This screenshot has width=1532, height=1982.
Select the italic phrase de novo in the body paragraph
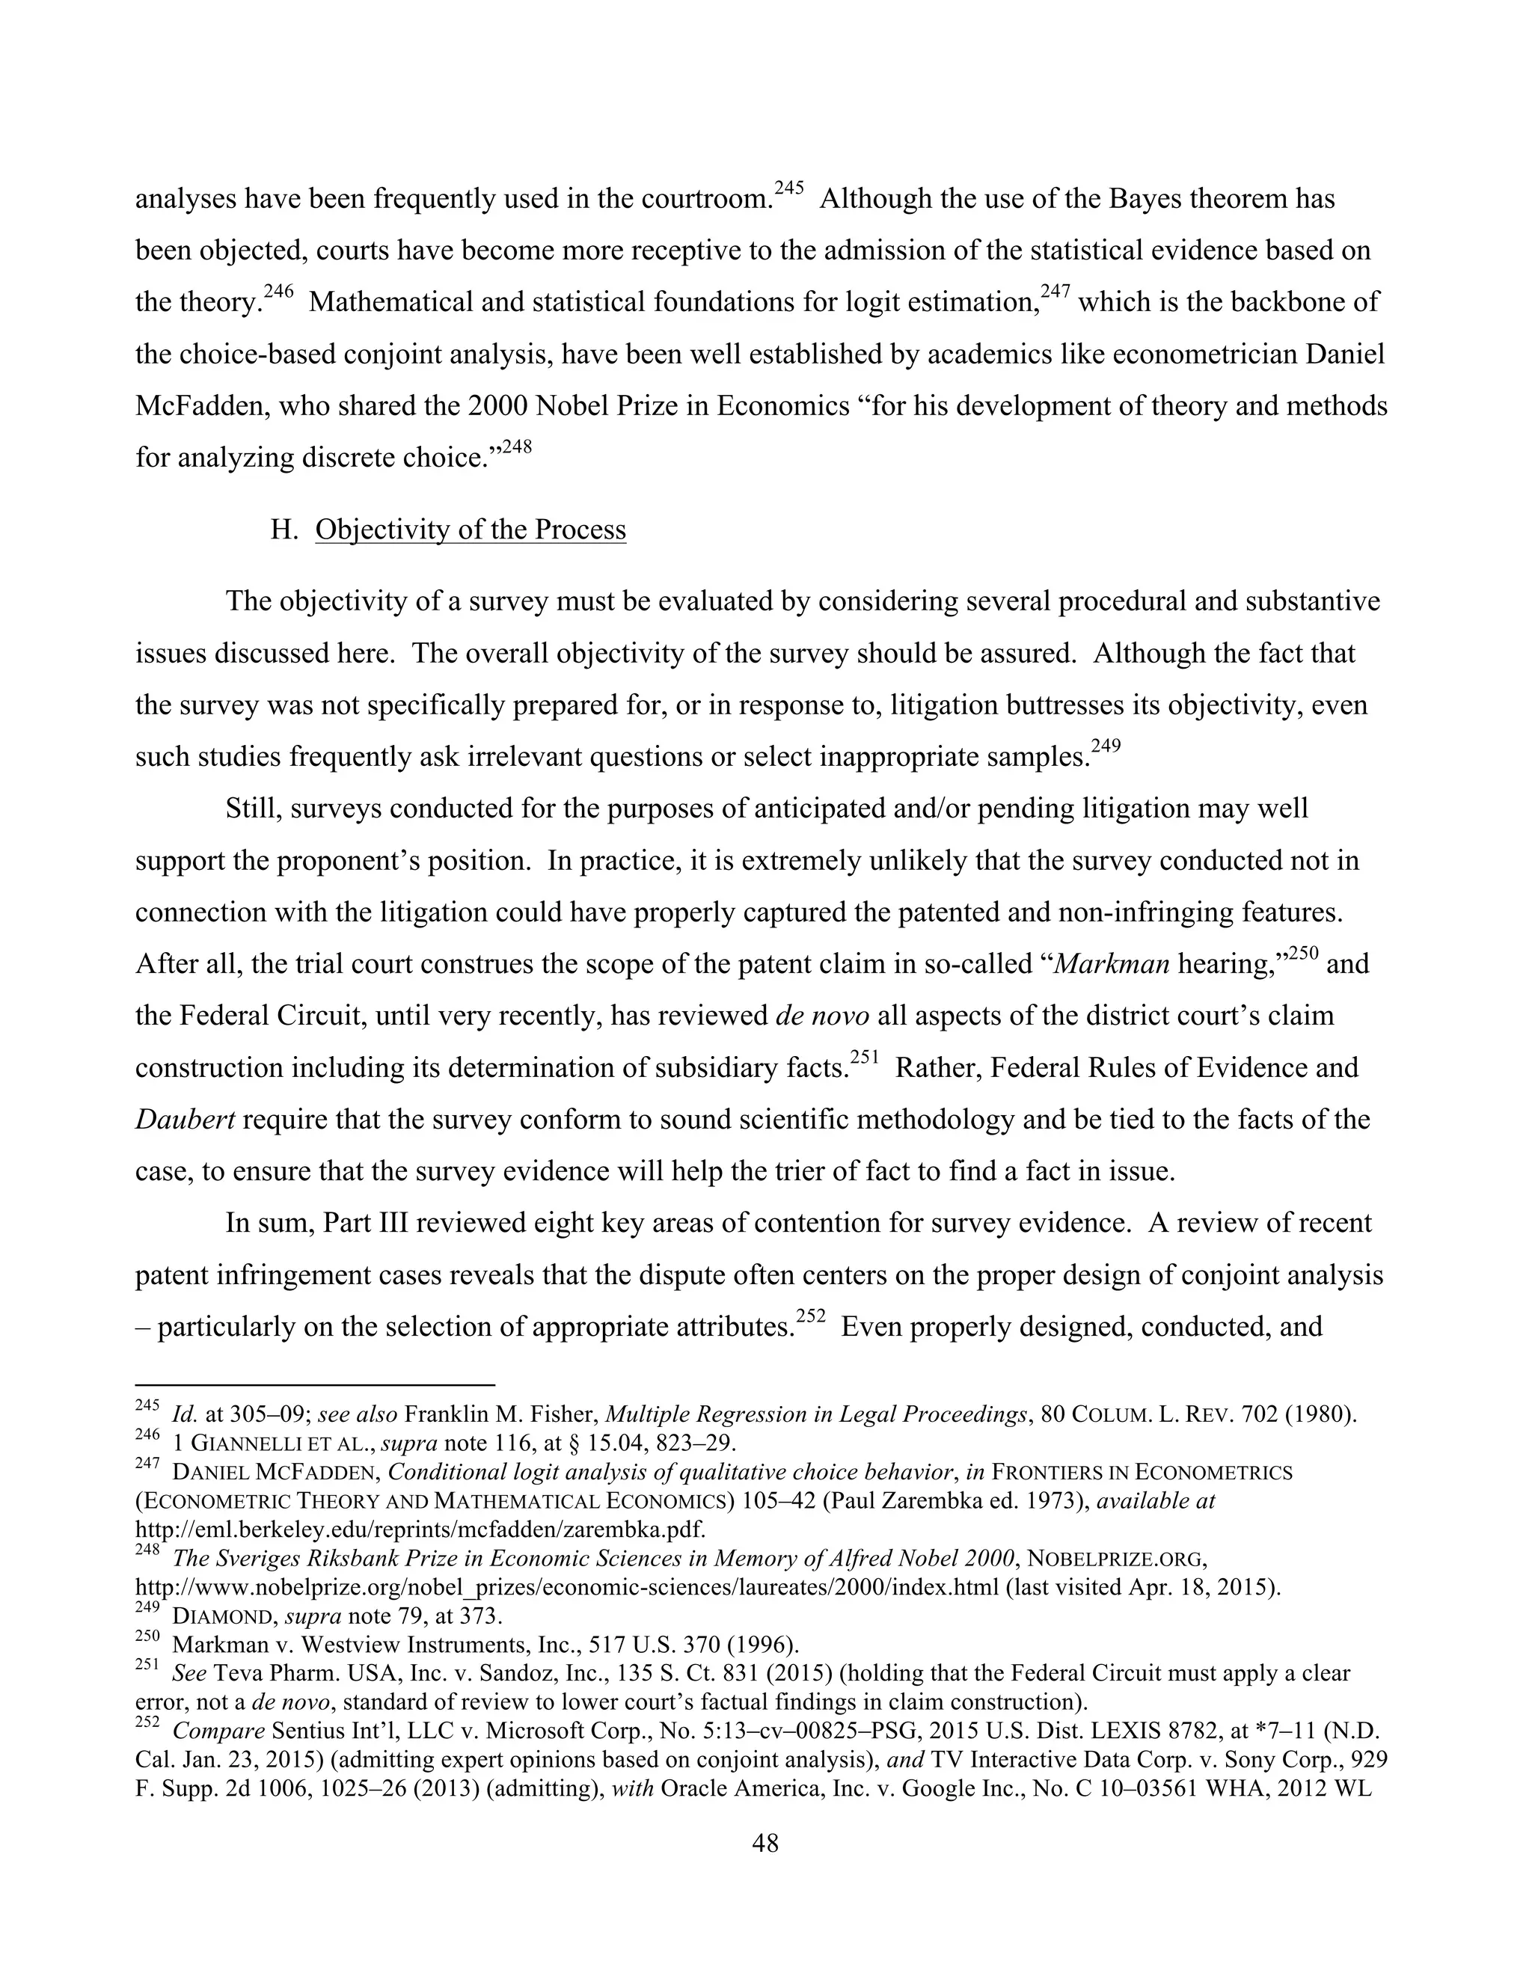pyautogui.click(x=822, y=1015)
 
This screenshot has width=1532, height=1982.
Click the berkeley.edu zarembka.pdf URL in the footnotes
pyautogui.click(x=420, y=1530)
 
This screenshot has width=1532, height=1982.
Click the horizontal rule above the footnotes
pyautogui.click(x=314, y=1386)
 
